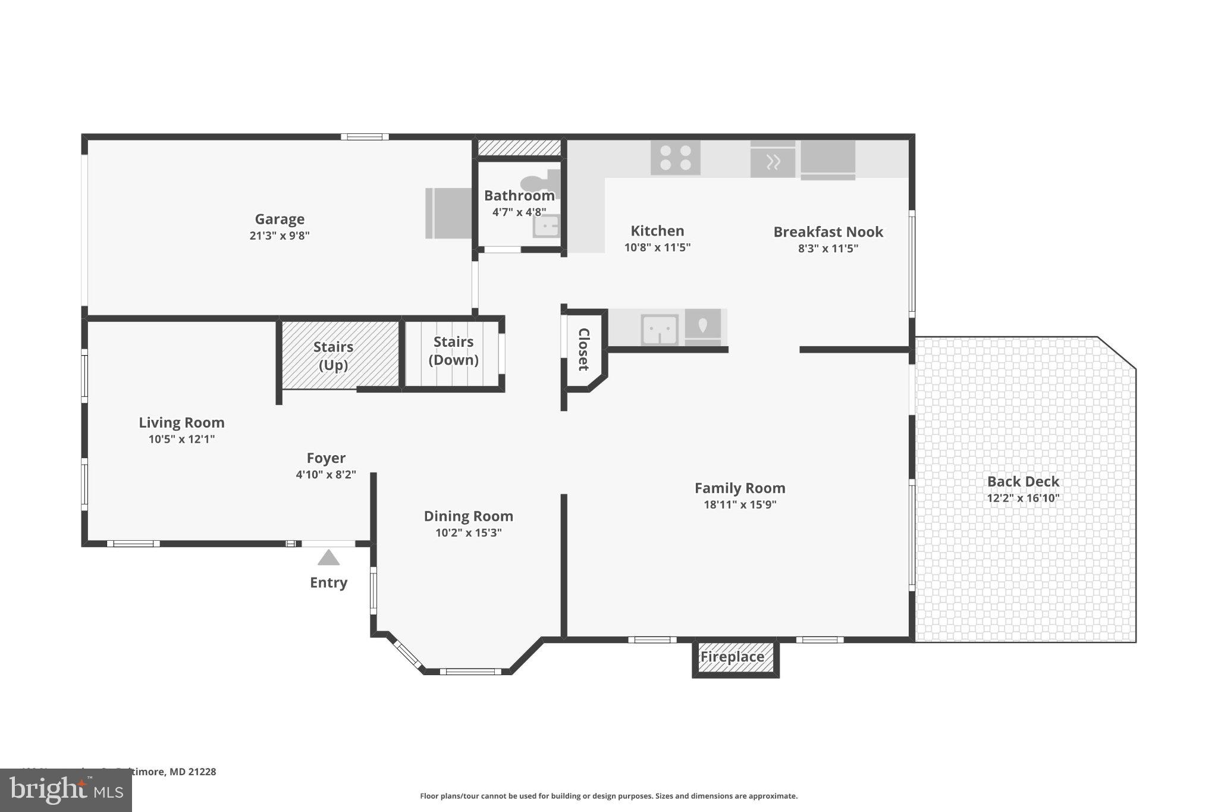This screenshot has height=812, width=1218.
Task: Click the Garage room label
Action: pyautogui.click(x=280, y=219)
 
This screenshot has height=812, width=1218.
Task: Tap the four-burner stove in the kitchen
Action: pyautogui.click(x=675, y=158)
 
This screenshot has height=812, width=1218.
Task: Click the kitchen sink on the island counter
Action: pyautogui.click(x=660, y=329)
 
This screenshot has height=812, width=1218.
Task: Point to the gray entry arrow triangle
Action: pyautogui.click(x=328, y=558)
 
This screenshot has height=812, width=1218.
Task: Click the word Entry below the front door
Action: pyautogui.click(x=328, y=582)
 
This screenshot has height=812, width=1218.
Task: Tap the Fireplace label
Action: pyautogui.click(x=732, y=657)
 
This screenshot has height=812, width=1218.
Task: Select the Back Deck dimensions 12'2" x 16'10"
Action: pyautogui.click(x=1023, y=499)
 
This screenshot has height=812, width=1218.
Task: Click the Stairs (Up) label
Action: pyautogui.click(x=333, y=356)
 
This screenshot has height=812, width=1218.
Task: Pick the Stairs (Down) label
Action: pyautogui.click(x=453, y=350)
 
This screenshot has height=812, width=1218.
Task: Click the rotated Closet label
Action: pyautogui.click(x=583, y=349)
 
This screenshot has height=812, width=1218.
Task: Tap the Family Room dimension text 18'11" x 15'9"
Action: pyautogui.click(x=740, y=505)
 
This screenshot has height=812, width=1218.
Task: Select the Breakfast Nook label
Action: pyautogui.click(x=828, y=232)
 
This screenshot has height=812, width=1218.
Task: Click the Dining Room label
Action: pyautogui.click(x=468, y=516)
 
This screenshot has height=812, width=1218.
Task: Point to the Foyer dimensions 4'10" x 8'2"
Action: pyautogui.click(x=326, y=475)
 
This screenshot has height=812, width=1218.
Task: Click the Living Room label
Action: pyautogui.click(x=181, y=423)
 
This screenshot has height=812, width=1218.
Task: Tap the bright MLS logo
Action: pyautogui.click(x=65, y=790)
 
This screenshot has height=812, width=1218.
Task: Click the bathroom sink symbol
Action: pyautogui.click(x=545, y=226)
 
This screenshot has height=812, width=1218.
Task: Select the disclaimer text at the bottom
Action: pyautogui.click(x=608, y=796)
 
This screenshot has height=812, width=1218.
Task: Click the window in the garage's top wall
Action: pyautogui.click(x=365, y=137)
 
